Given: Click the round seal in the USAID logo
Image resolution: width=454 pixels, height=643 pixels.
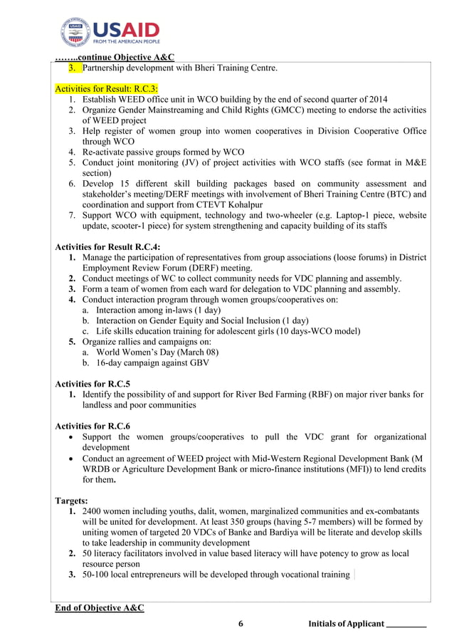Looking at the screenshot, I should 75,33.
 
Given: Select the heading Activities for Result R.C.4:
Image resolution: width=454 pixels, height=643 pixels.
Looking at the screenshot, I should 107,247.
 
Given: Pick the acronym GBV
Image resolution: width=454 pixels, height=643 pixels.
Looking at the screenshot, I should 199,363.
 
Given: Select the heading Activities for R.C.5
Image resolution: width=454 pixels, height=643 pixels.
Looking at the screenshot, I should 93,384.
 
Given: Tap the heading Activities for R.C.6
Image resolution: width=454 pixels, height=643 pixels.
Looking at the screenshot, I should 93,426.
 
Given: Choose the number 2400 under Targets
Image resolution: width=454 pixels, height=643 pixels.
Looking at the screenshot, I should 94,511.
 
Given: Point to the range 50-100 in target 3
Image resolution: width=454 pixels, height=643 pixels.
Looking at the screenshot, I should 96,575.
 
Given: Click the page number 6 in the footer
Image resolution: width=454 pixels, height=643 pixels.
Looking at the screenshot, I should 241,624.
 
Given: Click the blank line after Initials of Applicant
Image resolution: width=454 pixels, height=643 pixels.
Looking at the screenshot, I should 406,624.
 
